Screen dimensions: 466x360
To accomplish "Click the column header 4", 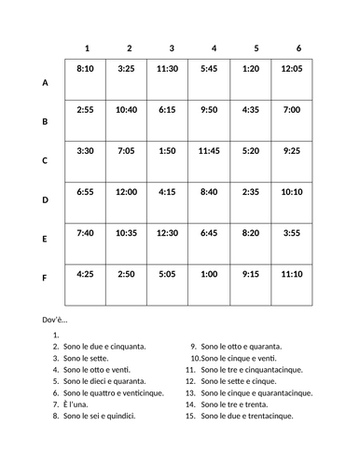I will pyautogui.click(x=215, y=48).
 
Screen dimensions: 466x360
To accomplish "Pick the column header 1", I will pyautogui.click(x=86, y=48).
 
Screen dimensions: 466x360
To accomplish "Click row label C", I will pyautogui.click(x=45, y=160).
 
